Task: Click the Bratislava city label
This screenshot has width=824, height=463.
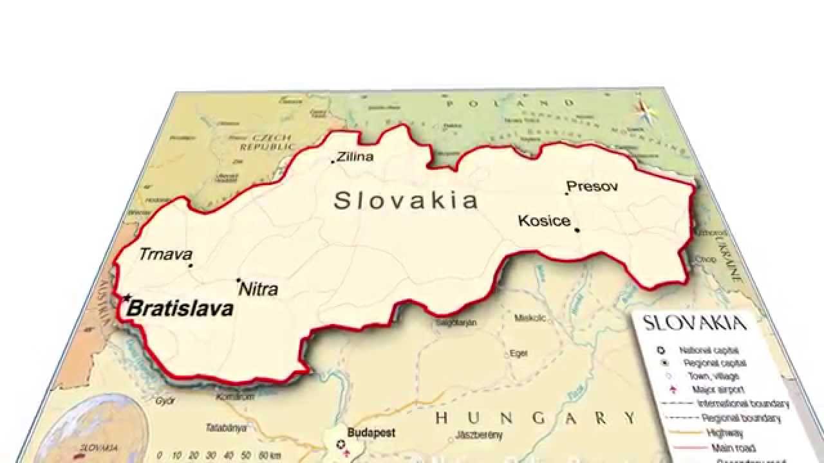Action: [180, 309]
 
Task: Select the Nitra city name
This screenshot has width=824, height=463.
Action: [259, 289]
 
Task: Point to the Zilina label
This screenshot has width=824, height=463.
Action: [355, 156]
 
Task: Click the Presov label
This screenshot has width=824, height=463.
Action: [592, 186]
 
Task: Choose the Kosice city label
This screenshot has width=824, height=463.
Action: [544, 221]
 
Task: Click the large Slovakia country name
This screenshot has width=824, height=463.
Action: [406, 201]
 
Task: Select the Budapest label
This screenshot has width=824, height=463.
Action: [371, 433]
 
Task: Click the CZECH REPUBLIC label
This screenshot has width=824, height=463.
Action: [267, 142]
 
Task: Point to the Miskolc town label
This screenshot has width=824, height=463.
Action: [530, 318]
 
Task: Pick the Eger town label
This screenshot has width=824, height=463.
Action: [518, 353]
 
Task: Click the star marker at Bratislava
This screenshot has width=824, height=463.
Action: [127, 298]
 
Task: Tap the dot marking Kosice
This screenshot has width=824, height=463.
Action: [577, 230]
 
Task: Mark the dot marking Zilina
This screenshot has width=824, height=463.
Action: [333, 161]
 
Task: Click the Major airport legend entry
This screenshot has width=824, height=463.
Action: [718, 390]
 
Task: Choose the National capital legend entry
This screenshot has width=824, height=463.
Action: [704, 350]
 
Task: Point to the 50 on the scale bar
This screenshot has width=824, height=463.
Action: [247, 455]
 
